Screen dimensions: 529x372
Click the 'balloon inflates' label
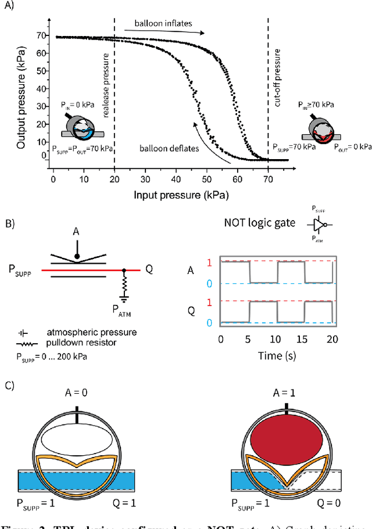[x=163, y=24]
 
